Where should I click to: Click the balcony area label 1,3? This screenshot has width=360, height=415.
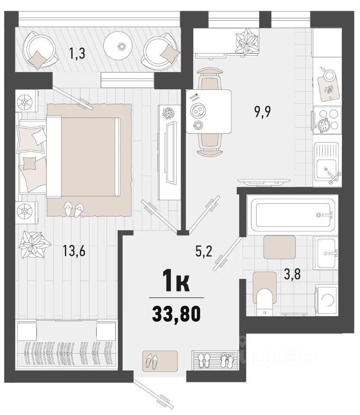77,53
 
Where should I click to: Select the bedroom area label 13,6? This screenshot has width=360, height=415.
74,250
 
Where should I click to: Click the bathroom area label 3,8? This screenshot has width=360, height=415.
292,274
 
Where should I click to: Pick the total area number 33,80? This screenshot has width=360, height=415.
177,314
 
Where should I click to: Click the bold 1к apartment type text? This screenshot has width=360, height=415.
176,283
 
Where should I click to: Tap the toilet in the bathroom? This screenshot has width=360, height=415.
264,294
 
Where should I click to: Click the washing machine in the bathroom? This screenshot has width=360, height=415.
326,300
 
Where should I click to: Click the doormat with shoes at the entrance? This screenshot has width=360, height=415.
160,361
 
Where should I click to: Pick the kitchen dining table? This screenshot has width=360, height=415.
208,111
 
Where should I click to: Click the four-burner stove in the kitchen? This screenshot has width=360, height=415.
326,120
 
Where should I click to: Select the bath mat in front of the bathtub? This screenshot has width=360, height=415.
280,247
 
